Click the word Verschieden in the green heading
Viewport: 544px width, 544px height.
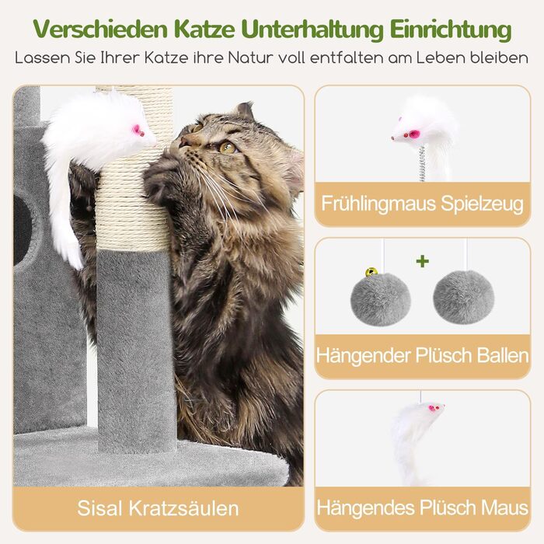coord(100,30)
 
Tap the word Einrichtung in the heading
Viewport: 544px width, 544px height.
coord(451,30)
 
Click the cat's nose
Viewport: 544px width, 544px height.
coord(183,141)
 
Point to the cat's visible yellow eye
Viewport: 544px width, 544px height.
coord(228,148)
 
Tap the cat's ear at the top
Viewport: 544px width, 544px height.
coord(245,110)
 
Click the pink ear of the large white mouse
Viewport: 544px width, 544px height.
coord(136,130)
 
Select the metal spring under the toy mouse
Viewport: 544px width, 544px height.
coord(422,164)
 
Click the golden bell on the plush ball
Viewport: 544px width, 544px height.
coord(371,272)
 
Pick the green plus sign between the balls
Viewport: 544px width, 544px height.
coord(422,261)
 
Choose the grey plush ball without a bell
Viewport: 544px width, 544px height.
coord(463,298)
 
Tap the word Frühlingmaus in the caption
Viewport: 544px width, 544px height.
coord(378,204)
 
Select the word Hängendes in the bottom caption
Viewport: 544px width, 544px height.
coord(366,508)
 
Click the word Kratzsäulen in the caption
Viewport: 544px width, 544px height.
coord(183,508)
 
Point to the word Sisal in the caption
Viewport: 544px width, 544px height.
coord(100,508)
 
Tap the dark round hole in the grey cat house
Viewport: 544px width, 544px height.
coord(22,230)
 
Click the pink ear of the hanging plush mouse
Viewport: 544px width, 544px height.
coord(432,408)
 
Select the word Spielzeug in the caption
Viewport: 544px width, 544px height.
coord(482,204)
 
